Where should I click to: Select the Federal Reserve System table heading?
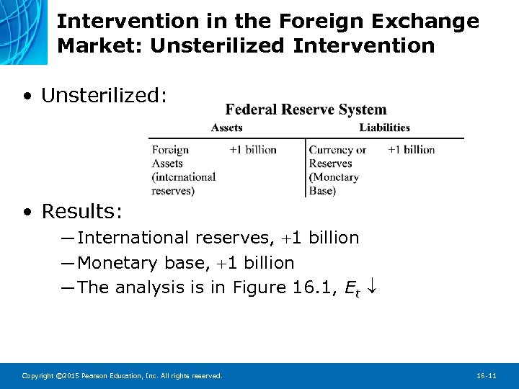point(306,109)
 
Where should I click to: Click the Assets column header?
point(226,128)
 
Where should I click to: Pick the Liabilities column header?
point(384,128)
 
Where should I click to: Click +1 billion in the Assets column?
point(253,150)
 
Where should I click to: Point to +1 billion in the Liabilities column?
point(411,150)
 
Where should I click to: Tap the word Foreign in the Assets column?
point(170,150)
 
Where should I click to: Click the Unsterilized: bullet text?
point(105,96)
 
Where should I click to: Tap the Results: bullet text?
point(82,211)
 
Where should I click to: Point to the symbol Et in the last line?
point(352,289)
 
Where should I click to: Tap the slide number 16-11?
point(487,376)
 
